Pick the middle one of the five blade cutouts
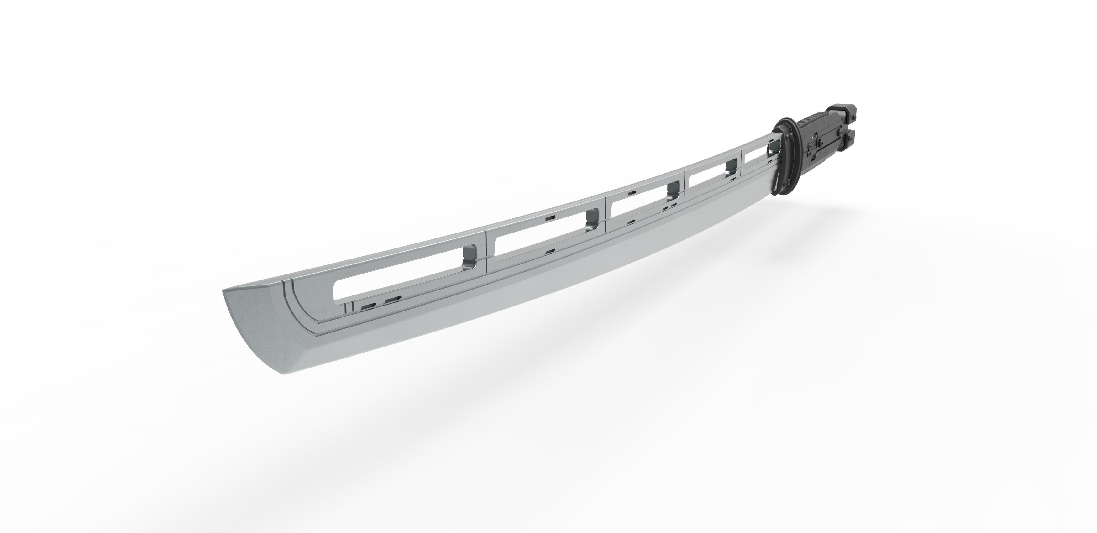point(639,204)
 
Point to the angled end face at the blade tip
point(251,324)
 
